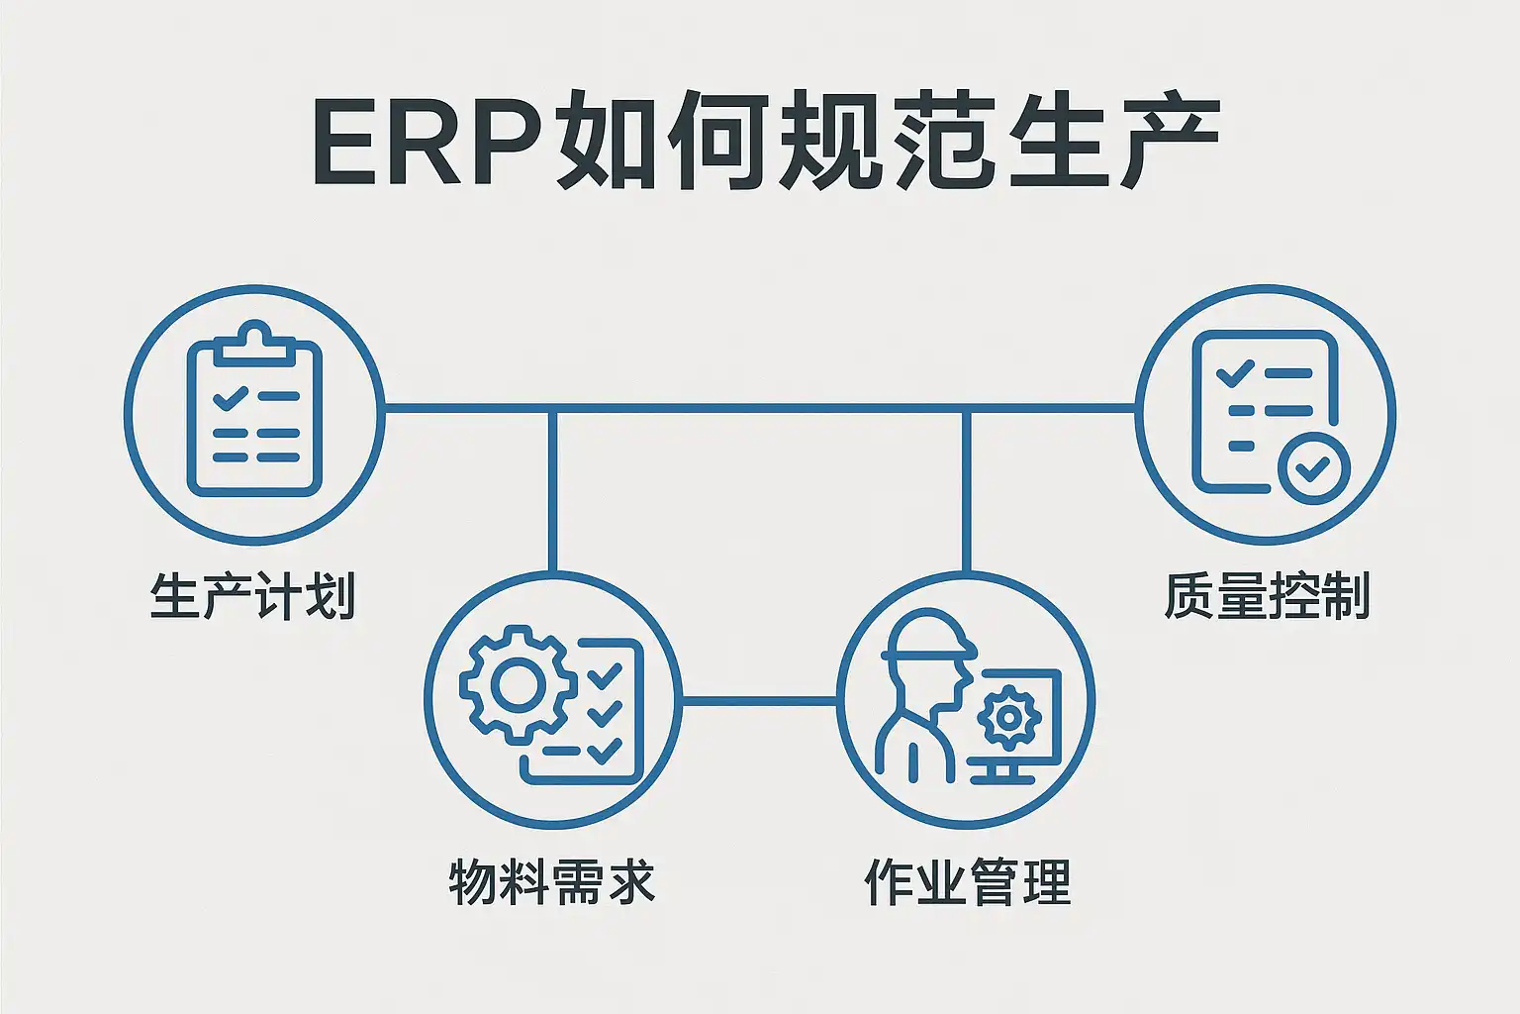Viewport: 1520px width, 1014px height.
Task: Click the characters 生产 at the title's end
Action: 1112,142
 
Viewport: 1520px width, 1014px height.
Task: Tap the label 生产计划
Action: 252,596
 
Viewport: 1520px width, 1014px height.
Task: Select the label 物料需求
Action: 551,880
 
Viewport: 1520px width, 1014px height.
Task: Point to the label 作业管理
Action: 967,880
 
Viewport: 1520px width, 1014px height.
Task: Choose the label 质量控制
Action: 1266,596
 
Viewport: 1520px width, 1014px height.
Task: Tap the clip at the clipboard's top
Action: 255,342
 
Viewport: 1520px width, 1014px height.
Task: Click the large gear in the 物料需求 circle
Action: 518,683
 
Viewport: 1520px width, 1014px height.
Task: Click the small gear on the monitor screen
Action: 1009,715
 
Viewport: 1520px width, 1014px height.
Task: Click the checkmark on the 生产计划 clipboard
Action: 230,398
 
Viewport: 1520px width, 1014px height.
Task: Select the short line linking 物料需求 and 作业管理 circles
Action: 759,701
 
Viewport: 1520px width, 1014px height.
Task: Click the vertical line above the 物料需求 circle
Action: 552,490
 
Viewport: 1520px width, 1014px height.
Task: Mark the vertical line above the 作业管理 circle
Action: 966,490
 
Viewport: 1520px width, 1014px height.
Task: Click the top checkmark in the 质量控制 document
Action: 1234,374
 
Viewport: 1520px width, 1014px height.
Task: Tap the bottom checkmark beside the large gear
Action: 603,751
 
